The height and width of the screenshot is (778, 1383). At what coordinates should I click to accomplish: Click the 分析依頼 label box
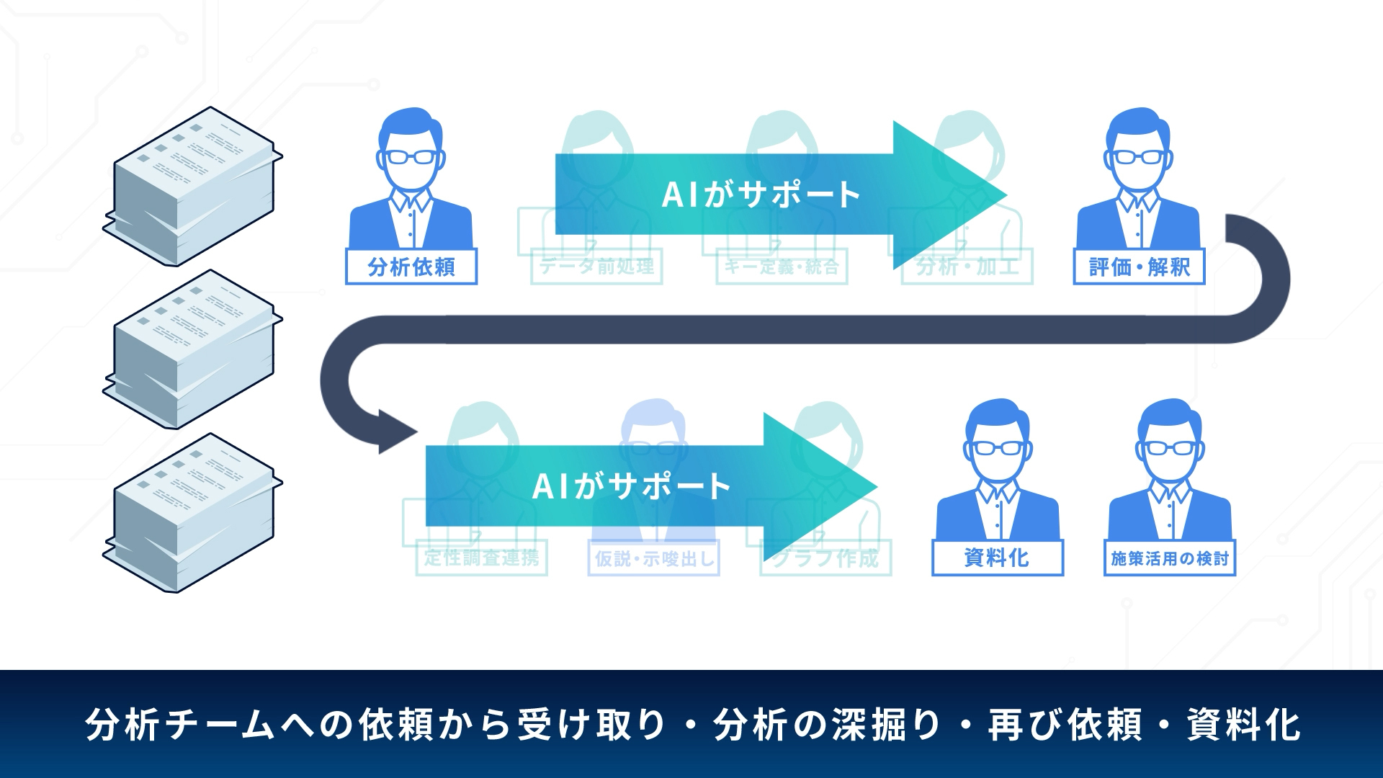click(411, 267)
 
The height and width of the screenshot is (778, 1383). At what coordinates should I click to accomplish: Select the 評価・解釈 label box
click(1139, 267)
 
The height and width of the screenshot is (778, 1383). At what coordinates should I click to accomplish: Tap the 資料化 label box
click(997, 558)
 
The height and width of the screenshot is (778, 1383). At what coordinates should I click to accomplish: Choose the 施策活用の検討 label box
click(1169, 558)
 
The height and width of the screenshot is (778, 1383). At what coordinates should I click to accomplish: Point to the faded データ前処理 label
click(596, 267)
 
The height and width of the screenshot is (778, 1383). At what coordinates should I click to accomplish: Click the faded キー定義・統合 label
click(782, 267)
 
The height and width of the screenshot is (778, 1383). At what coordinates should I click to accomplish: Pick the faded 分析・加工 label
click(967, 267)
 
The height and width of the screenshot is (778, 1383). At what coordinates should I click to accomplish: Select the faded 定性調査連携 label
click(481, 558)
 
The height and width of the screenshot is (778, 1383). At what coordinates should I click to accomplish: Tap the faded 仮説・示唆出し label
click(653, 558)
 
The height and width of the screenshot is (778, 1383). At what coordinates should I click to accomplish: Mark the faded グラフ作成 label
click(825, 558)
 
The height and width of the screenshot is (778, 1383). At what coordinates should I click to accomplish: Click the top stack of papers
click(192, 186)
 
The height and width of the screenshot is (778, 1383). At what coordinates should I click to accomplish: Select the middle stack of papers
click(192, 349)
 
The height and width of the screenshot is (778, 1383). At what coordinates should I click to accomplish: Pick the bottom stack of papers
click(192, 513)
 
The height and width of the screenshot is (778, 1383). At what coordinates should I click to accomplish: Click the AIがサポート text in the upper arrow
click(761, 194)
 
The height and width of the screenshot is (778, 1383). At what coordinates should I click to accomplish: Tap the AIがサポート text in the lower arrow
click(631, 486)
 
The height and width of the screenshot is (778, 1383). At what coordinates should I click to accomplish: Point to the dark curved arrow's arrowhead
click(396, 432)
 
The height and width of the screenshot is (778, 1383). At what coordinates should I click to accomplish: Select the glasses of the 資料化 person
click(997, 447)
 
